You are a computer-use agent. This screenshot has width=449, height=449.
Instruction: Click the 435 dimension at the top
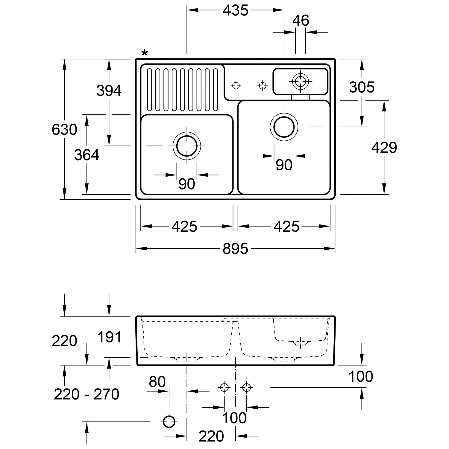pos(236,10)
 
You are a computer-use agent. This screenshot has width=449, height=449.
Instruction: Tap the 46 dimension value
pos(301,21)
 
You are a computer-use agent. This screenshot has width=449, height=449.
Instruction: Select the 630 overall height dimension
pos(64,130)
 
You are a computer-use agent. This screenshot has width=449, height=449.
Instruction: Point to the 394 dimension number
pos(109,91)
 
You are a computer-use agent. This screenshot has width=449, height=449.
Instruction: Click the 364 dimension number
pos(87,155)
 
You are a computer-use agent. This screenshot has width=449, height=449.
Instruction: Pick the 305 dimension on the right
pos(362,87)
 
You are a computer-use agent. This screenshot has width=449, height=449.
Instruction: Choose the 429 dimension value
pos(384,148)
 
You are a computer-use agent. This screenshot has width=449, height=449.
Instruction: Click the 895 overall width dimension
pos(235,249)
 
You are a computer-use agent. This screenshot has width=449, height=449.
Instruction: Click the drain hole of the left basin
pos(187,146)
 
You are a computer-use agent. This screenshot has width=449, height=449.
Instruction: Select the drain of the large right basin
pos(284,127)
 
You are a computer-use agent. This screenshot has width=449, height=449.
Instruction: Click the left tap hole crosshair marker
pos(236,86)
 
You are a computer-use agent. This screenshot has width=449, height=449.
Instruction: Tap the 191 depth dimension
pos(110,337)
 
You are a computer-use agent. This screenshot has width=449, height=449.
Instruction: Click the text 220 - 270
pos(87,394)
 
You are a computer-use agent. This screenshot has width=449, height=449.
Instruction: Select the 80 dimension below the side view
pos(157,382)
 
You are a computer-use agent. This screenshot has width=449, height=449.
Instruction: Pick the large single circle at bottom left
pos(169,422)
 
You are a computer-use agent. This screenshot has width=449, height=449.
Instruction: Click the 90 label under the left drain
pos(187,184)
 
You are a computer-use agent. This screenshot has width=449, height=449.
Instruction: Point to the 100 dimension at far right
pos(361,377)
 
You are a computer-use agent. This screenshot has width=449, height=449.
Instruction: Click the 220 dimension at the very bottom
pos(211,436)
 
